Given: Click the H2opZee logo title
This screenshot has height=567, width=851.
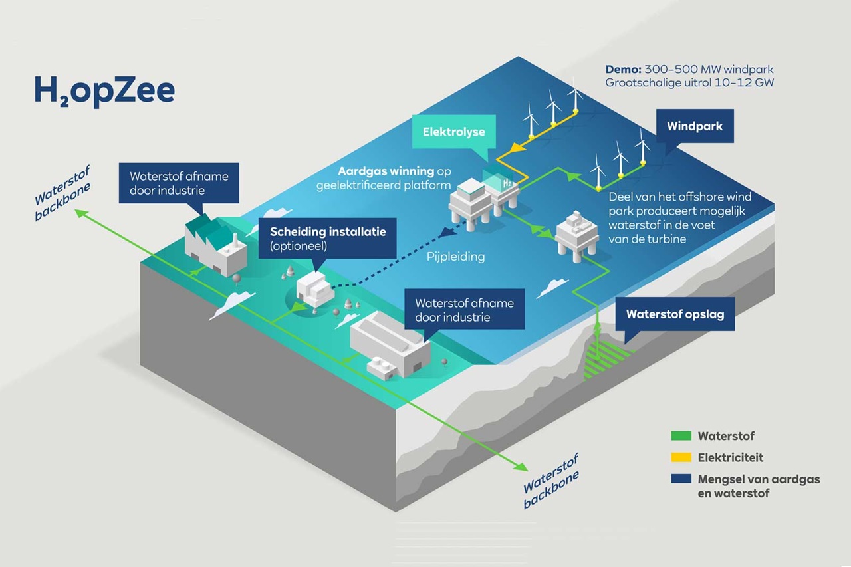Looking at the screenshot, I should (104, 91).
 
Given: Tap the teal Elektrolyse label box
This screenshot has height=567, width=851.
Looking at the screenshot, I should (454, 132).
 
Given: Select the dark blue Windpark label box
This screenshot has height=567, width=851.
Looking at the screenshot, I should (695, 126).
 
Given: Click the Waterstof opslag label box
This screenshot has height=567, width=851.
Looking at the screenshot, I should (675, 314).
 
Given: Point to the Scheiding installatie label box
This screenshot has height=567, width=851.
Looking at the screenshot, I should (327, 239).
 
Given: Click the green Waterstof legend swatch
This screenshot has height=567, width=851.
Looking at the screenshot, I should (681, 437).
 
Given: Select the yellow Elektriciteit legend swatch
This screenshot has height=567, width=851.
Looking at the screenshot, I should (681, 458).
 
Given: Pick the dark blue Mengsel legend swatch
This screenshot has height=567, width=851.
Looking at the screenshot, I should (681, 479).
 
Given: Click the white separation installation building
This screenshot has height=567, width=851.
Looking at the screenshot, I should (314, 290).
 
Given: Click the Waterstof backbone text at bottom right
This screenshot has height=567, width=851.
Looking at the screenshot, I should (551, 481).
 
